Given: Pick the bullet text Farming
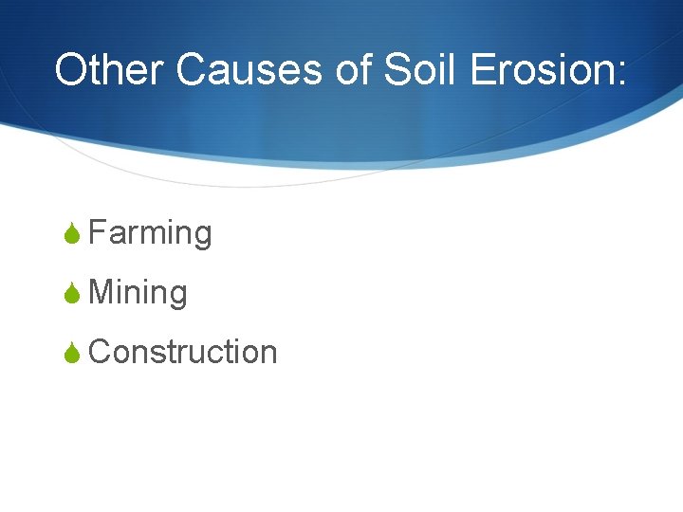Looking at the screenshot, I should tap(150, 233).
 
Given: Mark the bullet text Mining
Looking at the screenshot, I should tap(138, 293).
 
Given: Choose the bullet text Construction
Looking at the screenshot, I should tap(182, 352).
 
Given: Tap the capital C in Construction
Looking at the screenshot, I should tap(99, 352).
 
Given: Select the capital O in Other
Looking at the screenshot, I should tap(71, 70).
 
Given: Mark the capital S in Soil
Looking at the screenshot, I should tap(397, 70).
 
